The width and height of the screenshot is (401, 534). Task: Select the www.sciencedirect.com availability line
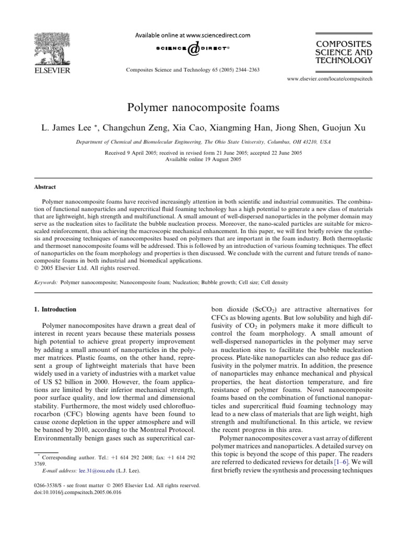tap(193, 35)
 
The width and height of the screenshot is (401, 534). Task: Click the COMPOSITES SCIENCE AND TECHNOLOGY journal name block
tap(343, 52)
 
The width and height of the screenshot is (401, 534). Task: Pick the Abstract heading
tap(45, 187)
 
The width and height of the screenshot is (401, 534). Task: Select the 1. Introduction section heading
tap(54, 309)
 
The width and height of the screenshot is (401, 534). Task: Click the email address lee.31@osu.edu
tap(92, 470)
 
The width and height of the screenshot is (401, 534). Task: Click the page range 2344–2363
tap(243, 69)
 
